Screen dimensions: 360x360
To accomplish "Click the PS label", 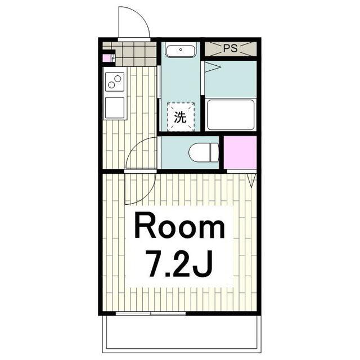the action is point(230,48).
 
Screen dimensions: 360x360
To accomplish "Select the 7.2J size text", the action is point(179,264).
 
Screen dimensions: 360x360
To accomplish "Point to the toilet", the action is point(204,152).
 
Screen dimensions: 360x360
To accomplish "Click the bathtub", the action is point(231,115).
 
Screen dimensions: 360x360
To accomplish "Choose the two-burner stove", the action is point(115,82).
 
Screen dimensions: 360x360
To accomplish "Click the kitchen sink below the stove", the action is point(115,107).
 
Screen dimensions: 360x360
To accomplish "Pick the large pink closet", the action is point(240,152).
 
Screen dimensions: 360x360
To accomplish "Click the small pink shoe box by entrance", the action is point(106,58).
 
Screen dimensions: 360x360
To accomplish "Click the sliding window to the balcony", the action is point(150,313).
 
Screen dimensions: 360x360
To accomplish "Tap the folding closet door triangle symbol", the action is point(252,181).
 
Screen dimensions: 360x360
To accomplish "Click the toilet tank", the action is point(214,152).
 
